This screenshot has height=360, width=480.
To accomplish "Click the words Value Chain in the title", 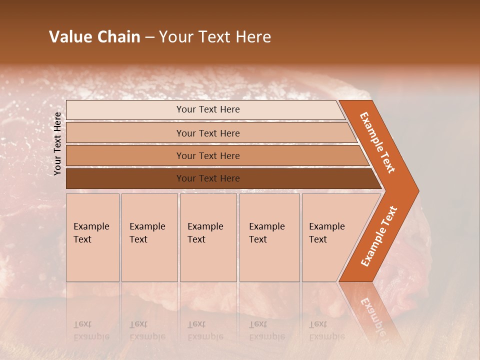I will [94, 37].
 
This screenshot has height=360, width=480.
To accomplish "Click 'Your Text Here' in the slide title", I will [215, 37].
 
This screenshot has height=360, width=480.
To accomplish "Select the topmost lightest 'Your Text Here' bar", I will [208, 109].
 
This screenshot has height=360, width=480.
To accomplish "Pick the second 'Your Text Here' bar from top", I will [208, 133].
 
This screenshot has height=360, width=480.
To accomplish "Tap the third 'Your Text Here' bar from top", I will [208, 155].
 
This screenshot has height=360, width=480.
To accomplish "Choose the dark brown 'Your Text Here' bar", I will [208, 178].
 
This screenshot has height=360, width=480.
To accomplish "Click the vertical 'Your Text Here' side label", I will [57, 143].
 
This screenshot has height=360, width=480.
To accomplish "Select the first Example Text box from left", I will [92, 237].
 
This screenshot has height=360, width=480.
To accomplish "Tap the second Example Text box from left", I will [149, 237].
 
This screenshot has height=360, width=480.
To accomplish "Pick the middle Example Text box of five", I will [208, 237].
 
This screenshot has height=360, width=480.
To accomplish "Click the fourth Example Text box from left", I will [269, 237].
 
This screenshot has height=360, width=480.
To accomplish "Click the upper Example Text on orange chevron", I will [377, 142].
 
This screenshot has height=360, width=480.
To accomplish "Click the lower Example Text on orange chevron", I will [379, 236].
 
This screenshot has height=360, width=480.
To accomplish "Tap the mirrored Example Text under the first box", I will [91, 330].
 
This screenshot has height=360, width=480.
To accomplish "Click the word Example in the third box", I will [205, 226].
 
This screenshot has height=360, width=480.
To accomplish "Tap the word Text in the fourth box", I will [258, 239].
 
